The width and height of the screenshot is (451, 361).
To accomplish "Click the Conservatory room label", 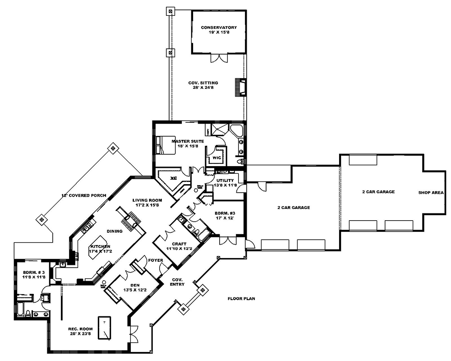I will [x=218, y=30].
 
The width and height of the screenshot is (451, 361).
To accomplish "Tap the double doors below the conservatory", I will [x=218, y=59].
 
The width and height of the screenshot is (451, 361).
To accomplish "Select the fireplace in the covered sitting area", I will [x=240, y=87].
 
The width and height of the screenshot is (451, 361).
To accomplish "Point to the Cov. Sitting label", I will [x=203, y=86].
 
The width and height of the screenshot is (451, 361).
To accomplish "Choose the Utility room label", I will [x=225, y=183].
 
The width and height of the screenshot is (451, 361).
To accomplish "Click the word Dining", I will [x=115, y=231].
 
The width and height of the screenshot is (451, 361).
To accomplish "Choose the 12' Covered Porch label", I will [x=84, y=195].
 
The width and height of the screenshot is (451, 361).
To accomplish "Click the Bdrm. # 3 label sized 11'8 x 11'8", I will [x=34, y=274].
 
